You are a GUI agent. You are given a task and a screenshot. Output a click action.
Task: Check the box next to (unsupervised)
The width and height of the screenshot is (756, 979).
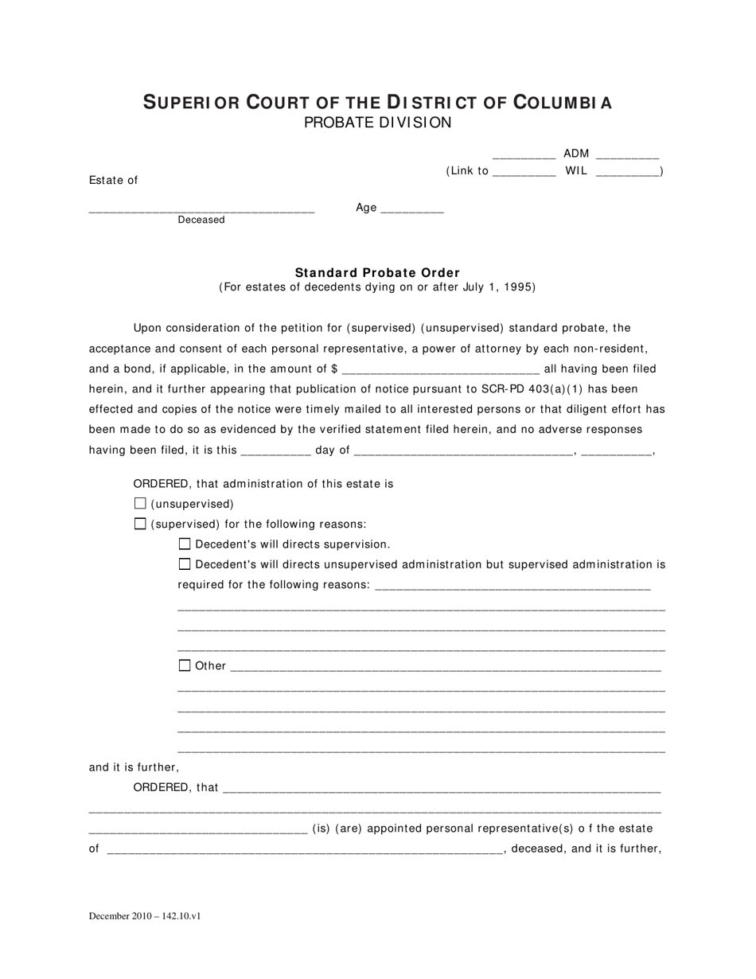click(x=141, y=503)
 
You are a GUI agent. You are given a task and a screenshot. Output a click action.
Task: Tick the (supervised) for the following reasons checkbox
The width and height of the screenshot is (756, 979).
click(x=141, y=524)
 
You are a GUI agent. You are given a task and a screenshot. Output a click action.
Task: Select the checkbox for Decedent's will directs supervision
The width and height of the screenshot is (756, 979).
click(x=185, y=544)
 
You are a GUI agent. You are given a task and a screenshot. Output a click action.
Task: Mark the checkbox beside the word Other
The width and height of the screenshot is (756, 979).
click(x=185, y=665)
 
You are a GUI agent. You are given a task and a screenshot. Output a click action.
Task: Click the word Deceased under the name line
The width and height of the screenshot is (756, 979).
click(x=201, y=220)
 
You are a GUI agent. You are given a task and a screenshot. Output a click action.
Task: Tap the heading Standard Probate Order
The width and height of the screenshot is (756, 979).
click(x=377, y=272)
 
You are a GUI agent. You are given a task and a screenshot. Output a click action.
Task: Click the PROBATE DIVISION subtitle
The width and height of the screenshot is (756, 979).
click(x=377, y=123)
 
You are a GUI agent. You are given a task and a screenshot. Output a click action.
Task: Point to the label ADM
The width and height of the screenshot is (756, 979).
click(x=576, y=154)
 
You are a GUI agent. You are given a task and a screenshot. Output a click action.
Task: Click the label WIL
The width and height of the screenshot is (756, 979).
click(x=576, y=170)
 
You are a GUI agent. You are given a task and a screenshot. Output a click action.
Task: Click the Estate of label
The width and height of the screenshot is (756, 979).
click(x=113, y=180)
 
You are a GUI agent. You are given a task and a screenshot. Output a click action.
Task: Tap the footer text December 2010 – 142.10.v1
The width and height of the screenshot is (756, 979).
click(x=145, y=916)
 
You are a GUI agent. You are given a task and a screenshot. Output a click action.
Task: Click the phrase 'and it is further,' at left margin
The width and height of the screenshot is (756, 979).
click(x=134, y=767)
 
